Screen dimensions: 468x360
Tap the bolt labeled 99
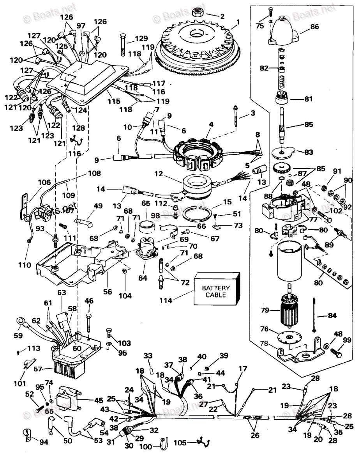[x=335, y=352]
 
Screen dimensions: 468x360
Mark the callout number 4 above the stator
[x=211, y=125]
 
